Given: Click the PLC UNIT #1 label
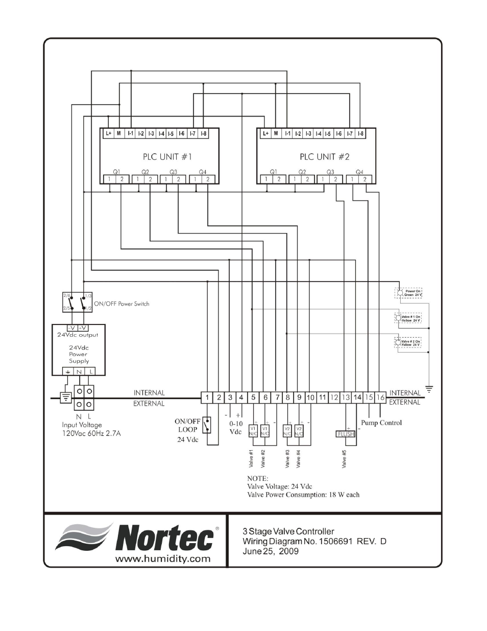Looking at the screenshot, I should pyautogui.click(x=167, y=157).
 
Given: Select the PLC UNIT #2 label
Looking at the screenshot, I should pyautogui.click(x=324, y=157).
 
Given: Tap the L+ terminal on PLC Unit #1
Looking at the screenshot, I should pyautogui.click(x=108, y=134).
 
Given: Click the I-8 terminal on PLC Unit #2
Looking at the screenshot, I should pyautogui.click(x=360, y=134).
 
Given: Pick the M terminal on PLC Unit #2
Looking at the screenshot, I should pyautogui.click(x=276, y=134).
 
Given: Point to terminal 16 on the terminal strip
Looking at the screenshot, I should pyautogui.click(x=380, y=397).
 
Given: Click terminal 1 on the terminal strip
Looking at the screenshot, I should pyautogui.click(x=207, y=397).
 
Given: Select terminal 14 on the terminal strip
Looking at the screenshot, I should pyautogui.click(x=357, y=397).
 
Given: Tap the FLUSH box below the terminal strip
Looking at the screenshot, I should pyautogui.click(x=345, y=434).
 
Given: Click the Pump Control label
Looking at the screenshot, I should pyautogui.click(x=381, y=423).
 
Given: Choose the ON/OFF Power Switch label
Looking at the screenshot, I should pyautogui.click(x=121, y=303).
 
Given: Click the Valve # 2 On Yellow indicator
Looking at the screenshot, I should pyautogui.click(x=409, y=343).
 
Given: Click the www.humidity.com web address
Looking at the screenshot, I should pyautogui.click(x=162, y=558).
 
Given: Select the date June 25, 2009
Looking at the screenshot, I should pyautogui.click(x=271, y=551).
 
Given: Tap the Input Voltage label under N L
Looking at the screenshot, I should pyautogui.click(x=82, y=425).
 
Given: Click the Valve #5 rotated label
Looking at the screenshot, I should pyautogui.click(x=344, y=458).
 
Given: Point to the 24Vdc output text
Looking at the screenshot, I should pyautogui.click(x=78, y=335).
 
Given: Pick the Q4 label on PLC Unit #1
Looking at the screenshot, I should pyautogui.click(x=203, y=172).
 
